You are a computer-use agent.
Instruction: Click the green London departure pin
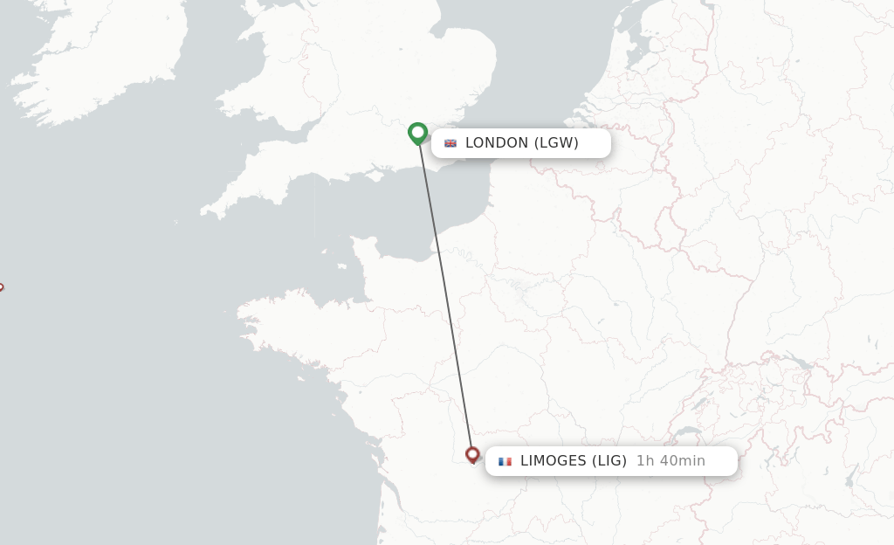point(417,133)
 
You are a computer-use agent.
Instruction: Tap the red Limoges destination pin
point(472,454)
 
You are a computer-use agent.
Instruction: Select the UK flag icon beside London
point(450,143)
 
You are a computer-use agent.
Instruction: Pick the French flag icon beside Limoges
point(505,461)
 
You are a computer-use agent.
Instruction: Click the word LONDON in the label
point(497,143)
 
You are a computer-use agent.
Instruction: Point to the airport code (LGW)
point(556,143)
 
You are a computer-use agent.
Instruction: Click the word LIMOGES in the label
point(554,461)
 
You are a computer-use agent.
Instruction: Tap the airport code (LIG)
point(609,461)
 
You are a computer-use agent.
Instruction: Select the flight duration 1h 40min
point(670,461)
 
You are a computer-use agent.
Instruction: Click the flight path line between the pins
point(445,297)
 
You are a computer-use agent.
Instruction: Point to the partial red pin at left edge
point(1,286)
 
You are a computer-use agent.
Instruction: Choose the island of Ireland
point(96,61)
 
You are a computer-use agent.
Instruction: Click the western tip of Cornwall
point(203,211)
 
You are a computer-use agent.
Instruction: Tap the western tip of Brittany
point(240,307)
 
